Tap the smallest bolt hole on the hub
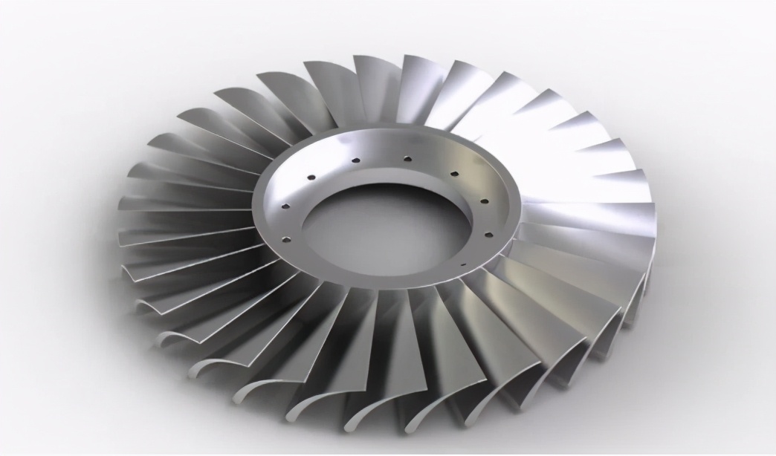(x=462, y=264)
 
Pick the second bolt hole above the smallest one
(x=484, y=201)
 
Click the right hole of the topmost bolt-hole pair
(x=407, y=157)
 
